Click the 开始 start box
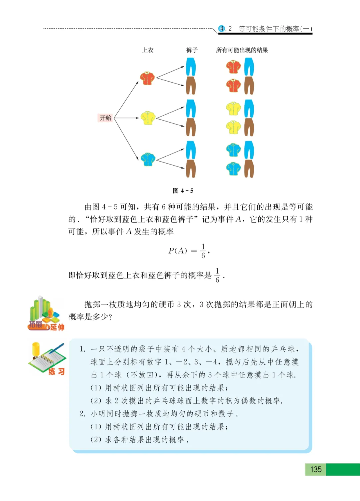point(105,118)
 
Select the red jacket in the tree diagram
point(147,78)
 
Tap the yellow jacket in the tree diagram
point(148,118)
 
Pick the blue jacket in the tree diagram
point(148,159)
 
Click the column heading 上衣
point(148,50)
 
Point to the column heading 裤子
point(192,50)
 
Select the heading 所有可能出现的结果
point(242,50)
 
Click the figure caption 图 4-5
point(183,191)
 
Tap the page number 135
point(316,469)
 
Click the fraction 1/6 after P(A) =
point(203,251)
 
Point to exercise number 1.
point(82,349)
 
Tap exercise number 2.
point(82,414)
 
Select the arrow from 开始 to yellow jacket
point(126,118)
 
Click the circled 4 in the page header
point(222,29)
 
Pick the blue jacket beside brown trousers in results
point(233,169)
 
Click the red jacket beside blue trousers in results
point(233,67)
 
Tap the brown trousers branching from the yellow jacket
point(191,127)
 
